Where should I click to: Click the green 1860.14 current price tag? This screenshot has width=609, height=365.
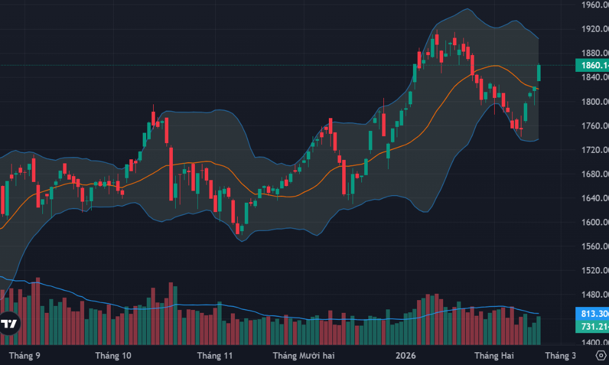591,65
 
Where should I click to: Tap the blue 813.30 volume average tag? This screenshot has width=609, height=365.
591,314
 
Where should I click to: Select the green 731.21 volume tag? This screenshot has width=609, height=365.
591,327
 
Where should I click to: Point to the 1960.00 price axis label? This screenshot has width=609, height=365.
594,5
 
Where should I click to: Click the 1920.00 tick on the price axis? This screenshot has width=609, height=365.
594,29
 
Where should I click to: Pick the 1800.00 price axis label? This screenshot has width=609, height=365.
594,101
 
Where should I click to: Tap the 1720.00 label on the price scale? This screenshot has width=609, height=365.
594,149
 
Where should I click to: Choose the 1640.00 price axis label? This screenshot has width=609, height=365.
594,198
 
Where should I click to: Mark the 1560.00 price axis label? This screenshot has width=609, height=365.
594,246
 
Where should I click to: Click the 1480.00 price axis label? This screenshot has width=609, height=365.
594,294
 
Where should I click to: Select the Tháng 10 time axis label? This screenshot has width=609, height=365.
113,355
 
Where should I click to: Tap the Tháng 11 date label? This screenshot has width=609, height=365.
215,355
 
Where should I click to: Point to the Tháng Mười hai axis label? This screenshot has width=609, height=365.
303,355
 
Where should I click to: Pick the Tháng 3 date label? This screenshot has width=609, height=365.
560,355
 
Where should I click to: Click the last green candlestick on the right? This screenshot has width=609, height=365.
539,72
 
